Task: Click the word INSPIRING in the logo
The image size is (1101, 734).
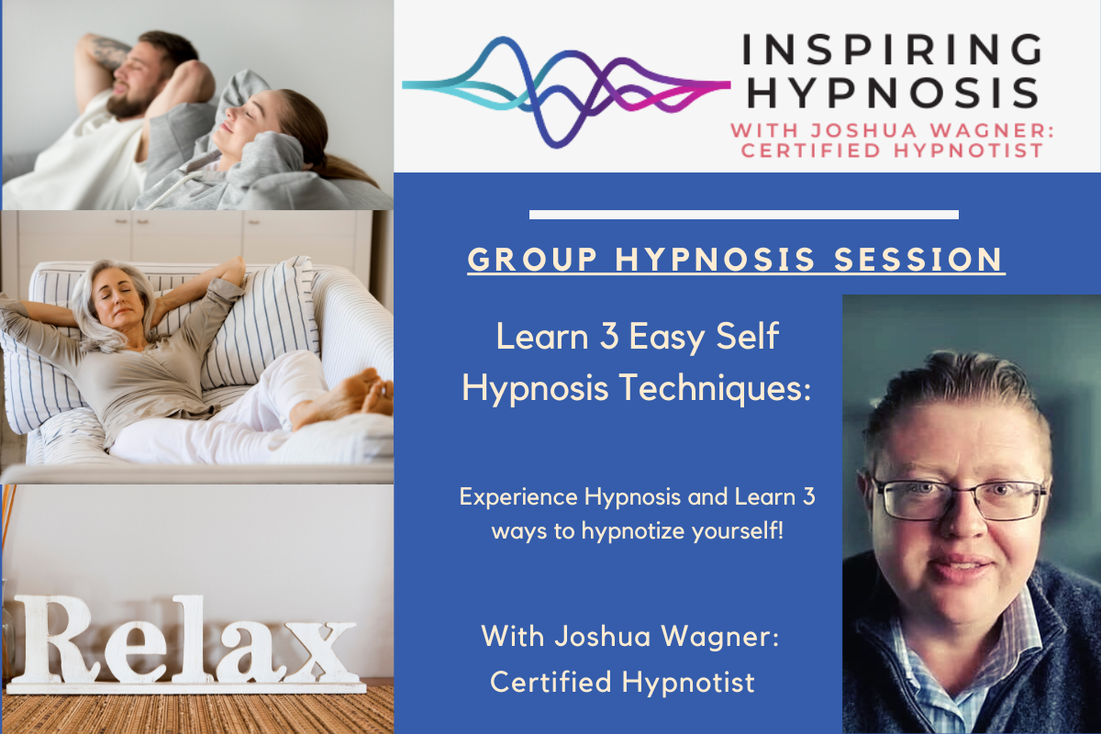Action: tap(891, 50)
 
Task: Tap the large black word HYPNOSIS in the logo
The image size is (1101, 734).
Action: tap(892, 93)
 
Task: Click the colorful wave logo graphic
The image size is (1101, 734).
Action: tap(566, 92)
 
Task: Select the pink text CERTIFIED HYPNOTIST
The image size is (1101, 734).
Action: tap(892, 150)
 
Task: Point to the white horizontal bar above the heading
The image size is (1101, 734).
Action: tap(744, 215)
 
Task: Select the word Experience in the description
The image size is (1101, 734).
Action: tap(518, 497)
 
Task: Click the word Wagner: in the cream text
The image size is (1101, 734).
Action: tap(720, 637)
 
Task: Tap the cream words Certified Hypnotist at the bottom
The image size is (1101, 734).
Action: tap(622, 683)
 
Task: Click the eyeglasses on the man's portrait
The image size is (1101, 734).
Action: tap(959, 499)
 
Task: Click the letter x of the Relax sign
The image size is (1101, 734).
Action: tap(320, 651)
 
